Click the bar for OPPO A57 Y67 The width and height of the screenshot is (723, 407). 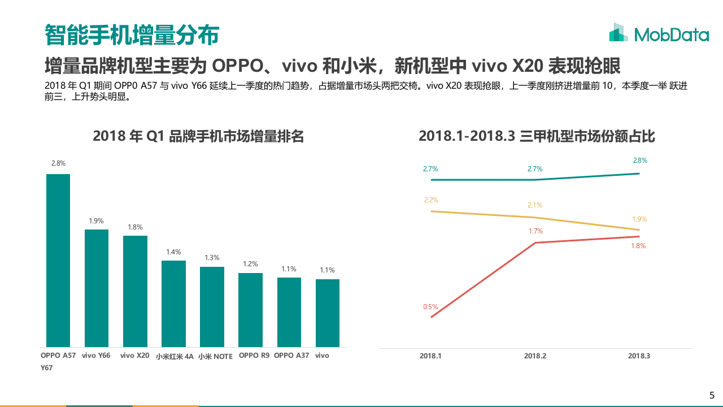pyautogui.click(x=58, y=260)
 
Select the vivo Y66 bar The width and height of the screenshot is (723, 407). pyautogui.click(x=97, y=288)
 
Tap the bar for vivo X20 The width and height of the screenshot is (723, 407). pyautogui.click(x=135, y=291)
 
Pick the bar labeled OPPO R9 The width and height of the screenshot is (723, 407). pyautogui.click(x=250, y=310)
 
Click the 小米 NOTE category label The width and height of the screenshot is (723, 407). pyautogui.click(x=215, y=356)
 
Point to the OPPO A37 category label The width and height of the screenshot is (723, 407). pyautogui.click(x=291, y=356)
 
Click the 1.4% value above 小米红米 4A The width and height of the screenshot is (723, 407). pyautogui.click(x=173, y=252)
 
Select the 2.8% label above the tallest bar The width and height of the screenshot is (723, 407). pyautogui.click(x=58, y=163)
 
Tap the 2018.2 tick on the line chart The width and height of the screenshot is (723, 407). pyautogui.click(x=535, y=356)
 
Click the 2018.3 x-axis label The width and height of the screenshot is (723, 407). pyautogui.click(x=639, y=356)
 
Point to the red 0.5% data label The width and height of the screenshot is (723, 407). pyautogui.click(x=430, y=307)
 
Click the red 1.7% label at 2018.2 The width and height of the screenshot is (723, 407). pyautogui.click(x=535, y=231)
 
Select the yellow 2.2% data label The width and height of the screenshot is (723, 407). pyautogui.click(x=431, y=200)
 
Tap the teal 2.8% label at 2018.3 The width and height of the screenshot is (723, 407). pyautogui.click(x=640, y=161)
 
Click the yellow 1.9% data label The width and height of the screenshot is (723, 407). pyautogui.click(x=640, y=219)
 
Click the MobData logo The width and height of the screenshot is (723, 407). pyautogui.click(x=659, y=34)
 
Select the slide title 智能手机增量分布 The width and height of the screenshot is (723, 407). pyautogui.click(x=132, y=35)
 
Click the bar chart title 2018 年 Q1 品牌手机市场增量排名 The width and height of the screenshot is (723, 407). pyautogui.click(x=198, y=136)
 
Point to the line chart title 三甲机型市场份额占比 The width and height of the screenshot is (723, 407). pyautogui.click(x=537, y=136)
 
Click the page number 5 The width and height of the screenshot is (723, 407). pyautogui.click(x=712, y=395)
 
